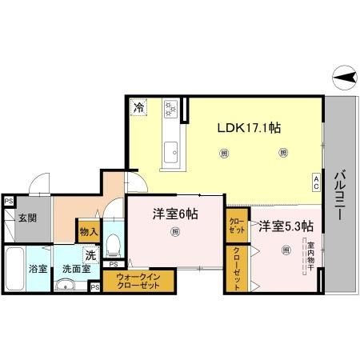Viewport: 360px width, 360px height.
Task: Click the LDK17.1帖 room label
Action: pos(250,126)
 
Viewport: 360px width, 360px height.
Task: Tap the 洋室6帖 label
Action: pos(175,214)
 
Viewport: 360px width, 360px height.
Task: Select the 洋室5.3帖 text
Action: pos(285,226)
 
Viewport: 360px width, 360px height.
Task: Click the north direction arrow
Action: pos(342,78)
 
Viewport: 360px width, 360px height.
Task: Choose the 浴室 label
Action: pos(38,270)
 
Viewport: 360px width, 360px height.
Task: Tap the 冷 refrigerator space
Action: pos(139,106)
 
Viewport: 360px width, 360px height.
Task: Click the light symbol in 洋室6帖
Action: pos(174,233)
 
